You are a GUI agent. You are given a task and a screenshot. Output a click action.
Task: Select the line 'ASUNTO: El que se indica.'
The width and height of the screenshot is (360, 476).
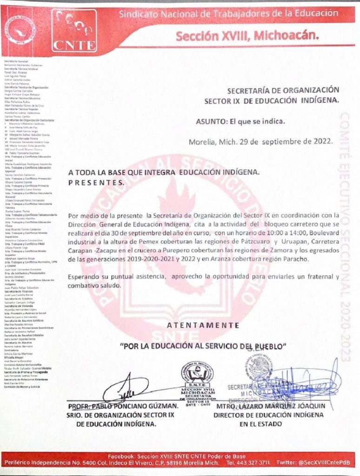[x=240, y=122]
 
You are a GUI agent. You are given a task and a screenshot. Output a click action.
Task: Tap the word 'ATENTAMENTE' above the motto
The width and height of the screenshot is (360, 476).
[x=200, y=324]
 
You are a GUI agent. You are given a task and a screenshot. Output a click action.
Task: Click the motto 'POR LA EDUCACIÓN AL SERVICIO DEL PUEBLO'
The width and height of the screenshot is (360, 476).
[x=203, y=346]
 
